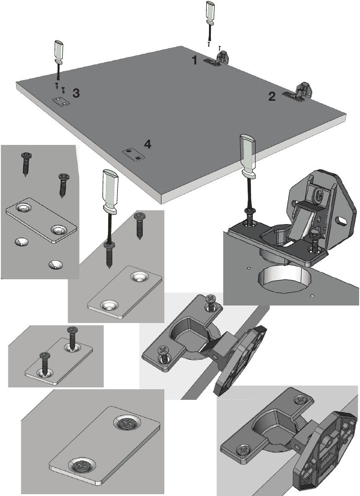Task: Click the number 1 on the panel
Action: (195, 60)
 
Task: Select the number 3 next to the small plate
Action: (76, 93)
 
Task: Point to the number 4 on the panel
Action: (147, 144)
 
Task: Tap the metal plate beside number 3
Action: (60, 102)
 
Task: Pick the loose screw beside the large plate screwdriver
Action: (139, 225)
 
